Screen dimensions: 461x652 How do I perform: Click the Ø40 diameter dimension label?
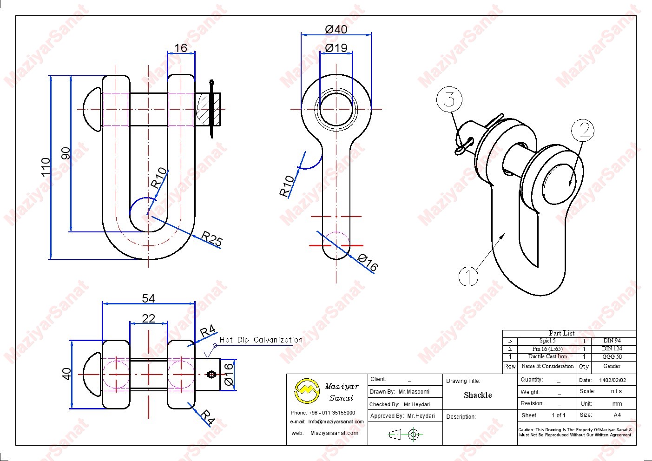[336, 29]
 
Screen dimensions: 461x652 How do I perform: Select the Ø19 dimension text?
[336, 48]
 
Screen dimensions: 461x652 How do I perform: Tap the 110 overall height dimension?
[46, 167]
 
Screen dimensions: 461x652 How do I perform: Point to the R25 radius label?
[212, 239]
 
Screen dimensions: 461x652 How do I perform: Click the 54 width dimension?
[148, 298]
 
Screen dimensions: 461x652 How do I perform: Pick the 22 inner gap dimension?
[148, 318]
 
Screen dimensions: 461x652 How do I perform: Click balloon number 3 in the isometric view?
[449, 99]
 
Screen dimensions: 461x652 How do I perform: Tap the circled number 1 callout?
[468, 277]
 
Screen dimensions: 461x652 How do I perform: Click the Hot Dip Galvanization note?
[261, 340]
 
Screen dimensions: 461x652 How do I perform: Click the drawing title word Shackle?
[478, 395]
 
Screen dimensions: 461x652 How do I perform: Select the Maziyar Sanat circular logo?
[307, 390]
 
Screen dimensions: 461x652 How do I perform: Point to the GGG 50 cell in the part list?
[612, 357]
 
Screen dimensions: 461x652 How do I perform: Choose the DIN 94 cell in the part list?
[612, 341]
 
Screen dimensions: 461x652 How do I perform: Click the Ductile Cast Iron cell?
[547, 357]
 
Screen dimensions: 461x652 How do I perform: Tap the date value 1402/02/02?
[612, 380]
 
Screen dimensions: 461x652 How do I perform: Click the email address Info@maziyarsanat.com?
[336, 422]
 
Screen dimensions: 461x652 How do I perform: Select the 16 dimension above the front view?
[181, 48]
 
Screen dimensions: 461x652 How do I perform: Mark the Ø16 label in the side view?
[368, 263]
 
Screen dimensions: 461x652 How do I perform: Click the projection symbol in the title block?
[404, 435]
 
